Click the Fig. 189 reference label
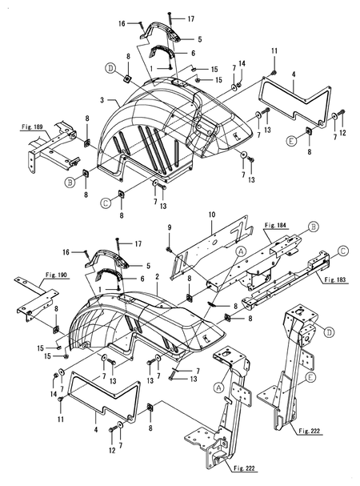(32, 127)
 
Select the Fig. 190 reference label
(56, 275)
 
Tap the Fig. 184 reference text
(275, 225)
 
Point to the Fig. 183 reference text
(335, 279)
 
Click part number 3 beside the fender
(102, 100)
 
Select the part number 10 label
(212, 215)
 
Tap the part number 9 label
(169, 227)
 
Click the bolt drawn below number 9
(169, 249)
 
